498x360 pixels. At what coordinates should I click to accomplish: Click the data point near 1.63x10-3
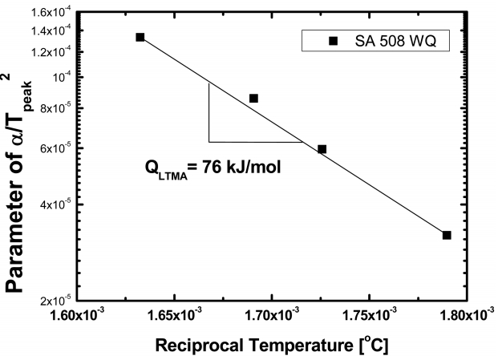point(140,37)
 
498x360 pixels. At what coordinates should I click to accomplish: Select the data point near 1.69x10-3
point(253,98)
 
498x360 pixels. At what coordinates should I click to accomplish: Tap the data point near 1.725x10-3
point(322,149)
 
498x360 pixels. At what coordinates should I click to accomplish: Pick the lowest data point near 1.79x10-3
point(447,235)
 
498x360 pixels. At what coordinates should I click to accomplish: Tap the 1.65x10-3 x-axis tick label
point(177,316)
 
